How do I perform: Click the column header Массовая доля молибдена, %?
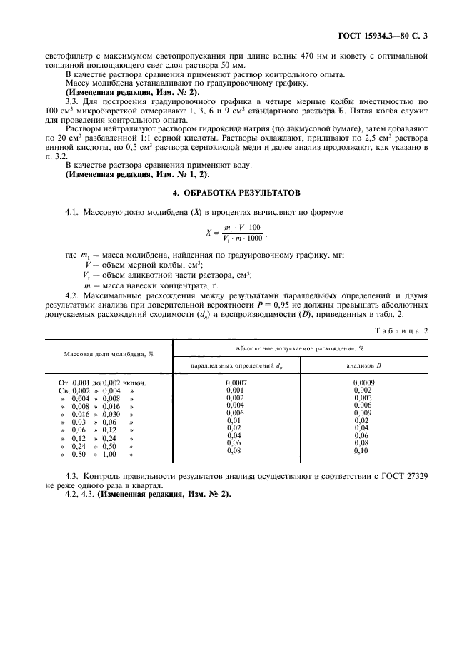coord(109,353)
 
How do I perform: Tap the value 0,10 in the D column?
coord(362,451)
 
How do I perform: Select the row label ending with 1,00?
coord(97,454)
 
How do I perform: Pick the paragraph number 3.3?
coord(72,102)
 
